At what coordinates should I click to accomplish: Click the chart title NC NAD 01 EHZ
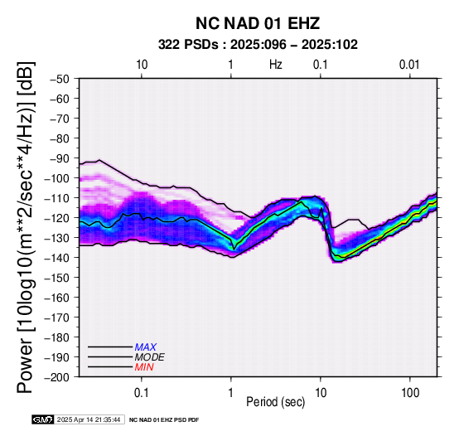click(x=258, y=23)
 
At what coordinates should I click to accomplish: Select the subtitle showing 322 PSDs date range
click(x=258, y=45)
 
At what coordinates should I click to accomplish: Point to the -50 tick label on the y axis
click(x=60, y=79)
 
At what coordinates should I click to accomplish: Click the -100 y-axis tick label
click(x=57, y=178)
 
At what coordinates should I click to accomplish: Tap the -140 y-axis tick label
click(x=57, y=258)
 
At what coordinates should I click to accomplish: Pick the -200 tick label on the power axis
click(x=57, y=377)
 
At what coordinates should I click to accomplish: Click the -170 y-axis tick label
click(x=57, y=317)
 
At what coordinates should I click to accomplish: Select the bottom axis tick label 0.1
click(x=142, y=393)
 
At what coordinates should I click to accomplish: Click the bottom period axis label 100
click(x=410, y=393)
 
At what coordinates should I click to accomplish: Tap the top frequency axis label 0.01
click(x=409, y=65)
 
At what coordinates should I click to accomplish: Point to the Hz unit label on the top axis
click(x=276, y=65)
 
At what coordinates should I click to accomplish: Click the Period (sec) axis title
click(x=276, y=402)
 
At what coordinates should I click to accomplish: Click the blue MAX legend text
click(x=146, y=347)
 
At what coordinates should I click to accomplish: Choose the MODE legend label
click(x=150, y=357)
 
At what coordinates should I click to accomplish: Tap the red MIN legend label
click(x=144, y=367)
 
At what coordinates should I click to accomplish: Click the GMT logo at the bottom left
click(x=43, y=419)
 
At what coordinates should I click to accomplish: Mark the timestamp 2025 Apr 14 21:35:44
click(x=89, y=419)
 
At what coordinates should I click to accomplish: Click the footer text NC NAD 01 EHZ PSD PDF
click(x=164, y=420)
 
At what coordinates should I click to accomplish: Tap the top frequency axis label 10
click(x=142, y=65)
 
